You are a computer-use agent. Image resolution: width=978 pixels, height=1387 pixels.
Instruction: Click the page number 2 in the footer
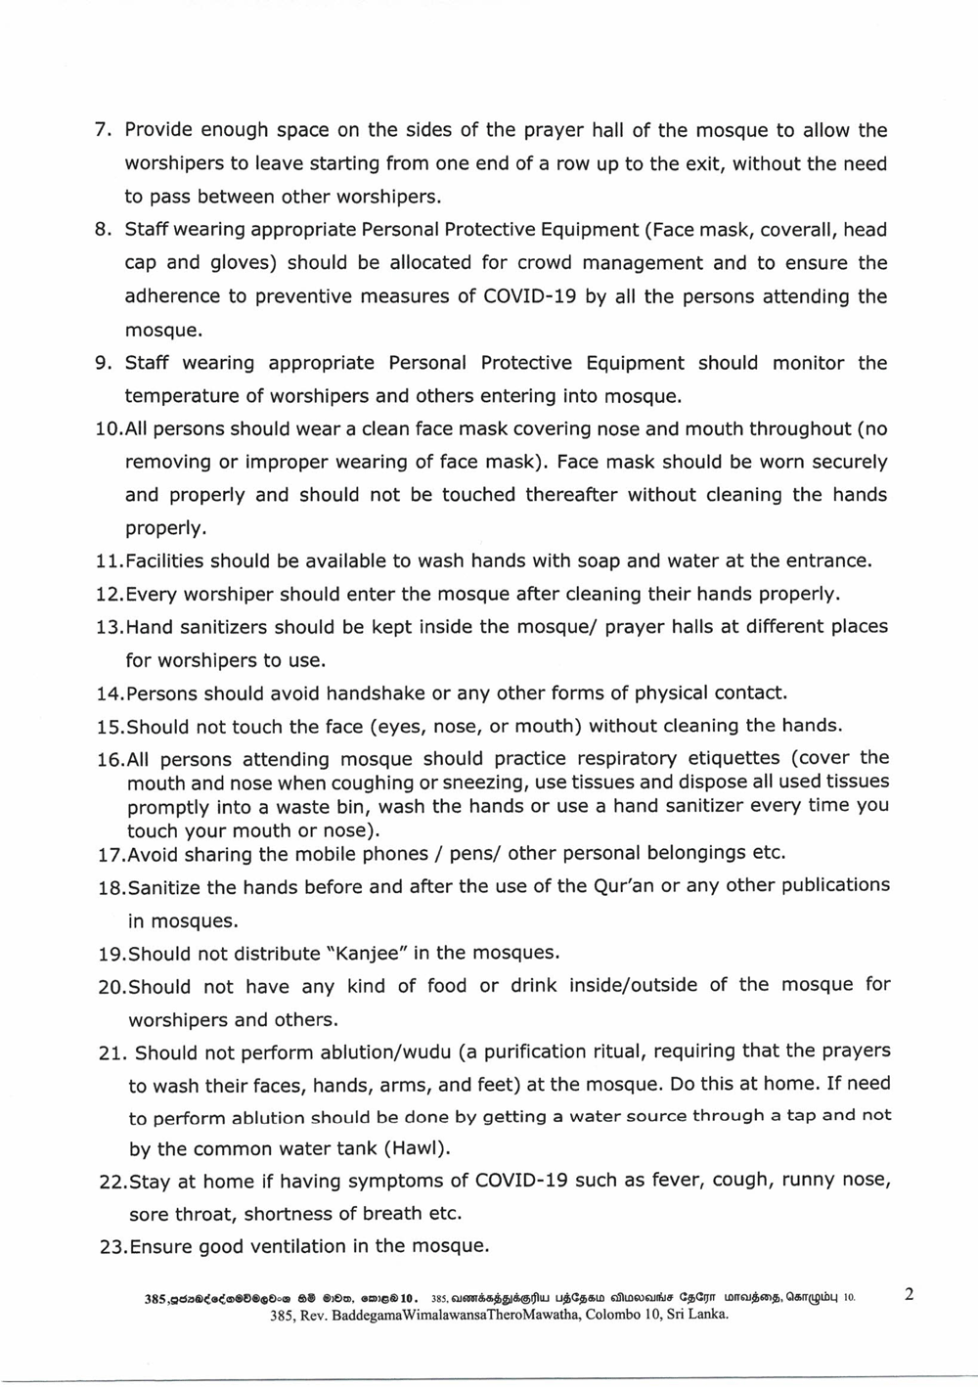(909, 1295)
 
